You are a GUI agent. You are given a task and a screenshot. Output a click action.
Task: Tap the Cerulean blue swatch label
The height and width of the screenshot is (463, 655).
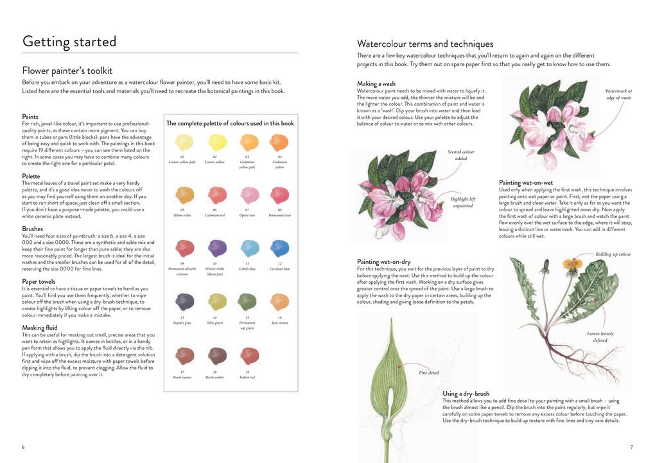point(279,269)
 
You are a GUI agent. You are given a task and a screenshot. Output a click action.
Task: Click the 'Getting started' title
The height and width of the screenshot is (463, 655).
point(69,42)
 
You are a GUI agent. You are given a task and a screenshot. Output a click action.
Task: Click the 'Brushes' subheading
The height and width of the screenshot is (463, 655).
point(33,228)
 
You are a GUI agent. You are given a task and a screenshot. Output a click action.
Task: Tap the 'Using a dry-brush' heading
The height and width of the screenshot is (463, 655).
point(466,394)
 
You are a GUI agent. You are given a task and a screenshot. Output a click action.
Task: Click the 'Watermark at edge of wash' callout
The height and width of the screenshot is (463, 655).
point(618,95)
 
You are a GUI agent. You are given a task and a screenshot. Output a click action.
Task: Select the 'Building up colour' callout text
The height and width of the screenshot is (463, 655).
point(613,254)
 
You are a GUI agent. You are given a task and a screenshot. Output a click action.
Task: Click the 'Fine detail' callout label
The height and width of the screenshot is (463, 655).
point(429,372)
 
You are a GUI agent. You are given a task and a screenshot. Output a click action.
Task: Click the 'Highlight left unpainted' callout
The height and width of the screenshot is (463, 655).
point(462,202)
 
